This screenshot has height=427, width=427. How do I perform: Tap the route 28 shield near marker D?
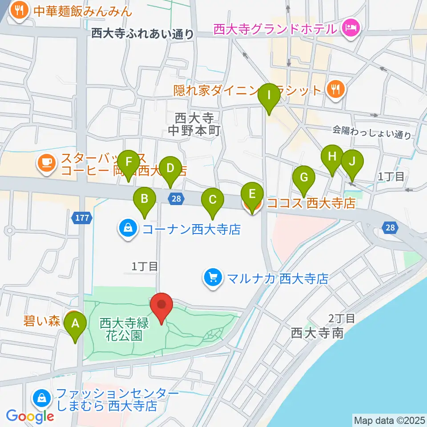tap(176, 199)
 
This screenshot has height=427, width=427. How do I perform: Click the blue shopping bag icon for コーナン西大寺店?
tap(128, 229)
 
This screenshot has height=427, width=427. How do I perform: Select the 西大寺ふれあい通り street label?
tap(143, 34)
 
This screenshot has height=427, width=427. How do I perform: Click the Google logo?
tap(30, 416)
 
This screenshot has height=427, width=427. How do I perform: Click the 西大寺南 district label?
tap(317, 333)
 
